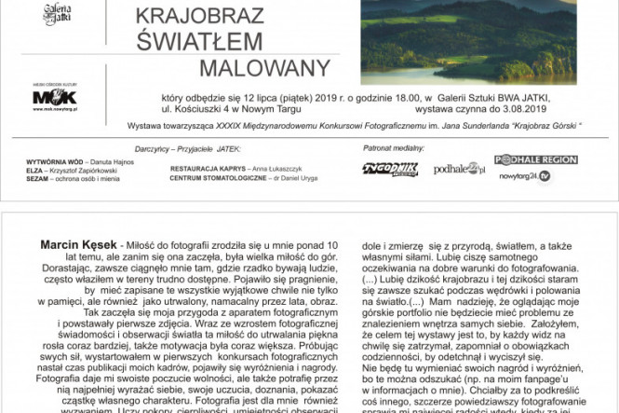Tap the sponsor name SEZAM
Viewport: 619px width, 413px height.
tap(38, 177)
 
